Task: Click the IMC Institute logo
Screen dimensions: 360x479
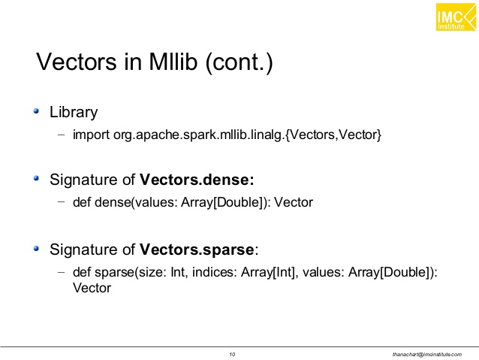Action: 456,17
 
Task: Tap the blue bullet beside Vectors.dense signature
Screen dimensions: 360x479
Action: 38,180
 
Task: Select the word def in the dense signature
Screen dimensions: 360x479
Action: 82,202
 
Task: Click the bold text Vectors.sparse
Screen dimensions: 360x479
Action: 197,250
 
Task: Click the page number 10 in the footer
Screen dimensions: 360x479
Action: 232,353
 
